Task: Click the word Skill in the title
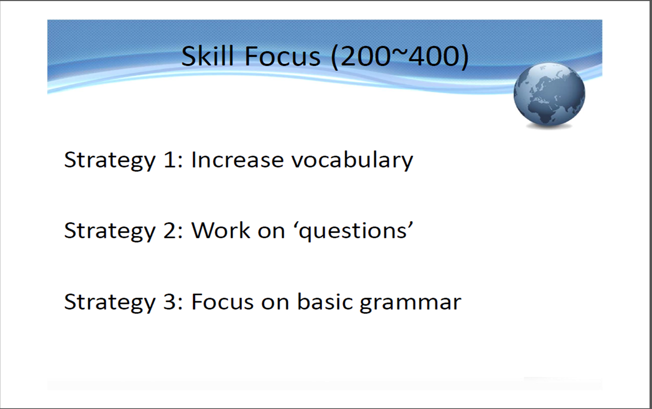coord(208,56)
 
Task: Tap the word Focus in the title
coord(283,56)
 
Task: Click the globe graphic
coord(549,96)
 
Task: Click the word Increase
coord(237,160)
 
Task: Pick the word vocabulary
coord(353,160)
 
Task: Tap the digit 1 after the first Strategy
coord(170,160)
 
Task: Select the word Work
coord(221,231)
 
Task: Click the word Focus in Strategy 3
coord(222,302)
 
